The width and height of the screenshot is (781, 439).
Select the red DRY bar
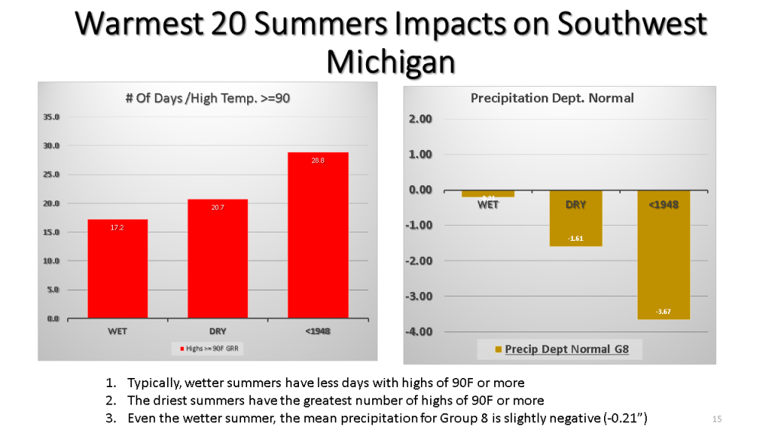(x=217, y=258)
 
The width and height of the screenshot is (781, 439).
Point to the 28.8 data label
(x=317, y=161)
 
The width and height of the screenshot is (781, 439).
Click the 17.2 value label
(x=117, y=227)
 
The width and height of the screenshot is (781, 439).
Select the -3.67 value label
(x=664, y=311)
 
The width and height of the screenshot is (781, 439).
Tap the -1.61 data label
(x=576, y=239)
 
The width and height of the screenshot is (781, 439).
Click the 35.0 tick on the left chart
(x=52, y=117)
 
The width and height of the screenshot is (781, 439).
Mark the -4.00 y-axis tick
(x=419, y=332)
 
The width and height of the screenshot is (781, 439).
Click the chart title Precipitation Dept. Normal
(x=552, y=98)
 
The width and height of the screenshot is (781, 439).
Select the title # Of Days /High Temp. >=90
(x=207, y=98)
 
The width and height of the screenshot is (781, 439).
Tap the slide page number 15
(x=716, y=419)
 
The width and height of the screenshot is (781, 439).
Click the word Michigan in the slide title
(x=390, y=61)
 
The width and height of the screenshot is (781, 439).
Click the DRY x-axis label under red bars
(x=217, y=332)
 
